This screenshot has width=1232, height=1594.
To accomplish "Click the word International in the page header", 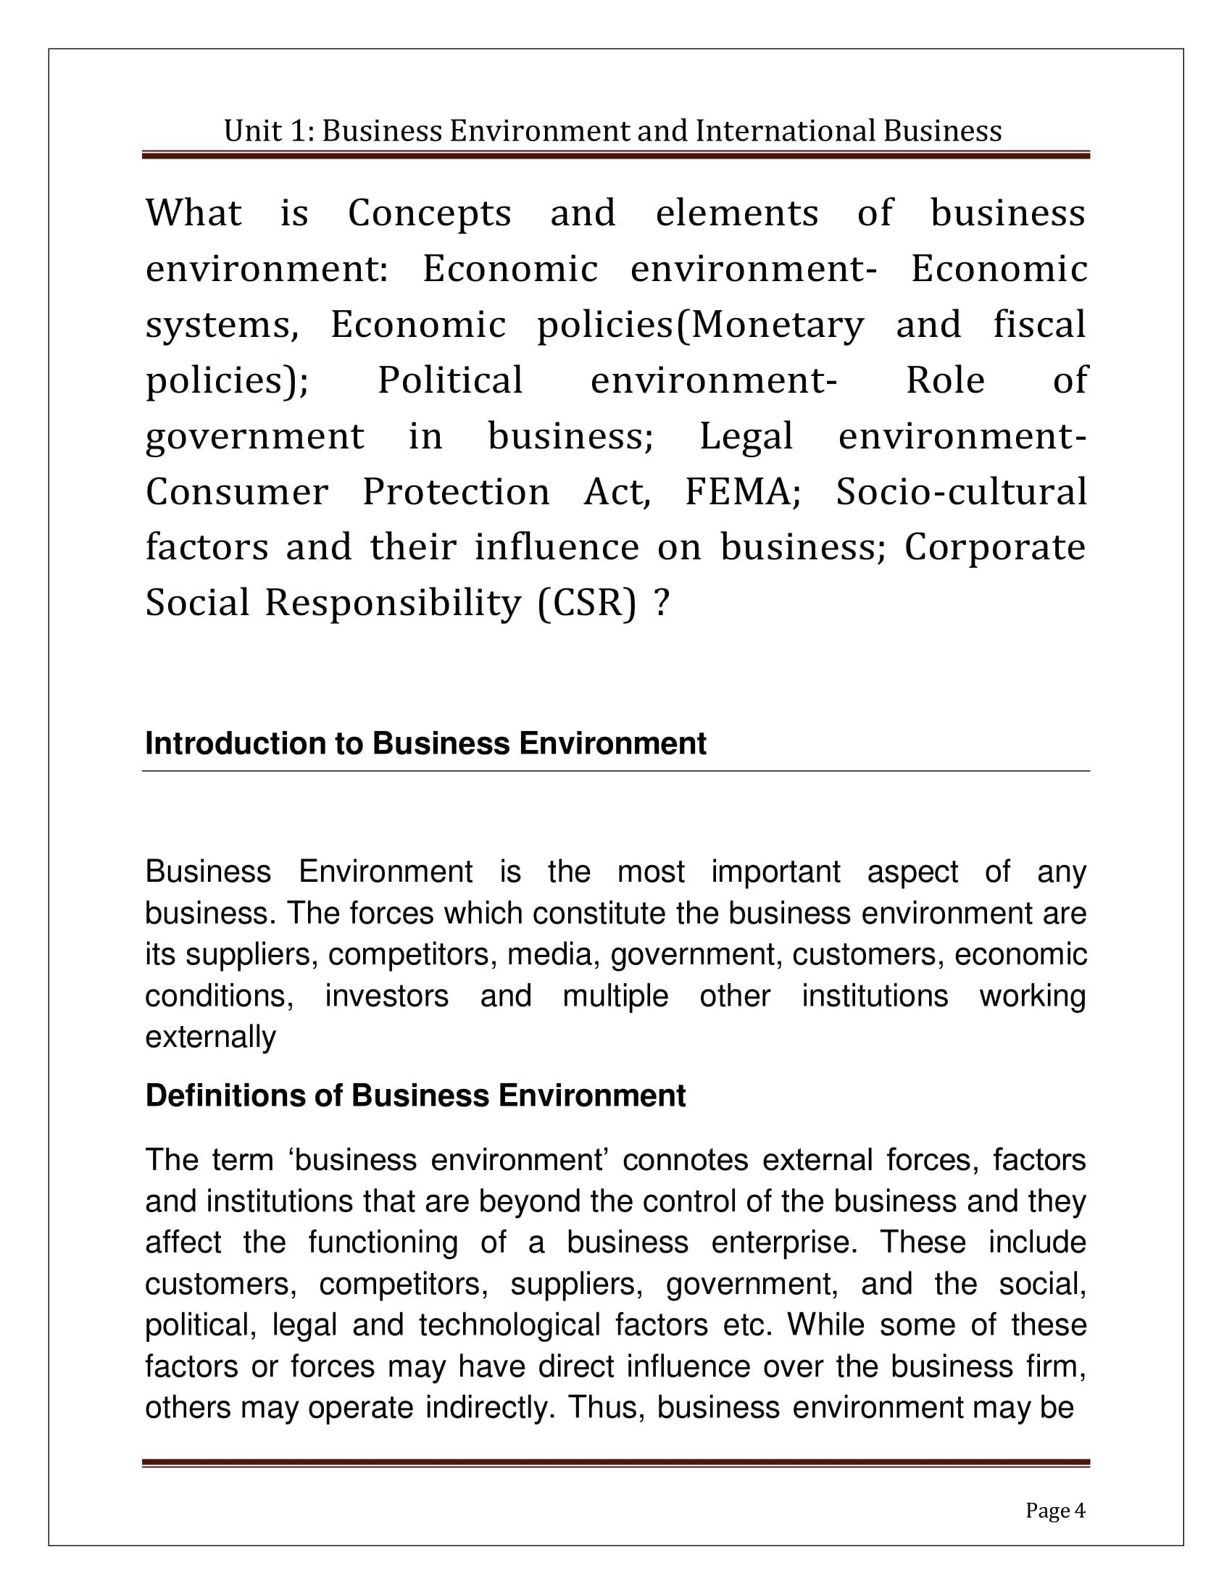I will pos(785,131).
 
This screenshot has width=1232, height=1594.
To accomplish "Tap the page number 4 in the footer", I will pos(1081,1510).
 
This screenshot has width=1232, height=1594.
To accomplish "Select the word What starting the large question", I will pos(193,213).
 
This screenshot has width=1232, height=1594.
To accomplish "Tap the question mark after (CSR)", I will pos(661,604).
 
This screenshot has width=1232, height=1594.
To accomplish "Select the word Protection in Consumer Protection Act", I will pos(456,492).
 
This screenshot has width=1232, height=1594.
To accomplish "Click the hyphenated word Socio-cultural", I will pos(961,492).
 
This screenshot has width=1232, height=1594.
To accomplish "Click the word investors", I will pos(386,996).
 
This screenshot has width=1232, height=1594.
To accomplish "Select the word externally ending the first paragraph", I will pos(210,1037).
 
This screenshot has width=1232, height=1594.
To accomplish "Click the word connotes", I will pos(686,1160).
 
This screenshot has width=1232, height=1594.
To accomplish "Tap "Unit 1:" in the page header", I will pos(268,131).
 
